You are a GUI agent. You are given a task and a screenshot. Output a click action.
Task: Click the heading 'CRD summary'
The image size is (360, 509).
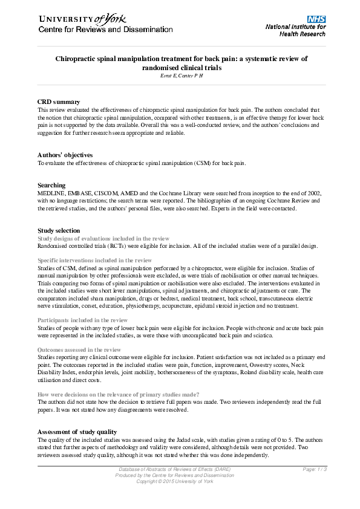(59, 102)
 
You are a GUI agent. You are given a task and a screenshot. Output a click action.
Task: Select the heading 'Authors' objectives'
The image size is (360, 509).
(65, 155)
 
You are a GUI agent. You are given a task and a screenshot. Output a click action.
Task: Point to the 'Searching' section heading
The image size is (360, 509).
(51, 185)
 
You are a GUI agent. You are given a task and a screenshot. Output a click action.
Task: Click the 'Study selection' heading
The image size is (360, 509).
(58, 230)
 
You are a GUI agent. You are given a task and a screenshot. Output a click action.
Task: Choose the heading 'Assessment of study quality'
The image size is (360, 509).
(79, 432)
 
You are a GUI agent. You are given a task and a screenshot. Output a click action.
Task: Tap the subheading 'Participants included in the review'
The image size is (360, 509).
(82, 320)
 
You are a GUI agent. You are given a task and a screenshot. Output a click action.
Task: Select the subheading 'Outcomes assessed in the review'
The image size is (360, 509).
(79, 350)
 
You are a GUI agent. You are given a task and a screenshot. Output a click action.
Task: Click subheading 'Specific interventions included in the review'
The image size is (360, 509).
(94, 260)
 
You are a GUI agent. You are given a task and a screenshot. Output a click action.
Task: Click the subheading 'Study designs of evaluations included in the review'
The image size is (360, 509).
(103, 238)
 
